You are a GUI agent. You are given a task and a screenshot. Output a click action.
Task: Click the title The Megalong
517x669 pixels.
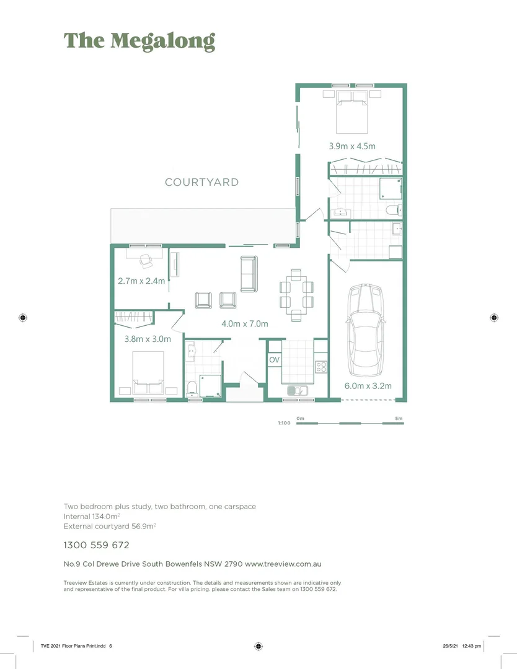point(139,41)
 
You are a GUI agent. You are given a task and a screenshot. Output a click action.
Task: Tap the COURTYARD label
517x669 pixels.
point(201,182)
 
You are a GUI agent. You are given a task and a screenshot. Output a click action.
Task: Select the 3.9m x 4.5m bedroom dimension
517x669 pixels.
point(352,146)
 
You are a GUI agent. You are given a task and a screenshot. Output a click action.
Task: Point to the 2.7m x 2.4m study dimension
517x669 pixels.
point(141,281)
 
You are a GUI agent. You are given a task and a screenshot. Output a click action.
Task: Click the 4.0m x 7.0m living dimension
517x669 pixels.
point(244,323)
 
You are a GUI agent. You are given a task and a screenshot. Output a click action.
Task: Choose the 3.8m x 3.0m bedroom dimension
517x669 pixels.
point(148,339)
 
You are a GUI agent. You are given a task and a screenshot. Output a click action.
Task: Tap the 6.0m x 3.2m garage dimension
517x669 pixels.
point(368,385)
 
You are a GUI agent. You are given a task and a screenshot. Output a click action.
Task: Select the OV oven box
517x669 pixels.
point(274,360)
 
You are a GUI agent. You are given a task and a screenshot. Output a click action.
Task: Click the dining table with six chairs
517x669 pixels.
point(296,294)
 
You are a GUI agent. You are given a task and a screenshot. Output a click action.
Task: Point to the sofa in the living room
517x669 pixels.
point(249,274)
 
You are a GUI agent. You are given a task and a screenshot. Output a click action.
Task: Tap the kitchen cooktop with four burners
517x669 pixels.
point(321,367)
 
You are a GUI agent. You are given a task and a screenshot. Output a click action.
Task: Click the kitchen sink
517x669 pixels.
point(296,390)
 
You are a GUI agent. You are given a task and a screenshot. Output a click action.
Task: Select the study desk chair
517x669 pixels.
point(146,261)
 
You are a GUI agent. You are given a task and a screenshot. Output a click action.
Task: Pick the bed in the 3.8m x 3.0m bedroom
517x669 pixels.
point(148,372)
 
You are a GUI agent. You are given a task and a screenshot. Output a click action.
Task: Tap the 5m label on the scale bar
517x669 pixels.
point(399,418)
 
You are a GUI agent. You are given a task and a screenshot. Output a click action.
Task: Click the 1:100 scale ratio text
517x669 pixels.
point(284,424)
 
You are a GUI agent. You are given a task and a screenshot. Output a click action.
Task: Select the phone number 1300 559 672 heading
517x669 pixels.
point(96,545)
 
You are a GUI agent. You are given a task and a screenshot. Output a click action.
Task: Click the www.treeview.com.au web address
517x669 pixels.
point(283,564)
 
